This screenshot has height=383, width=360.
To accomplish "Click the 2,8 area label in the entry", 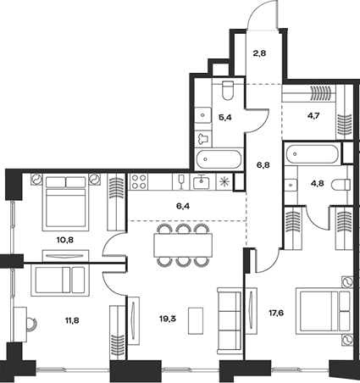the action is pos(259,53).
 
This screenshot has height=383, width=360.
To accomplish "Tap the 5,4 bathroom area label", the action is pos(225,118).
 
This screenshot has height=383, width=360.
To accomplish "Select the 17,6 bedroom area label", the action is pos(276,313).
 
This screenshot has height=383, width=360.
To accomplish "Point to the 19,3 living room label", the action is pos(168,319).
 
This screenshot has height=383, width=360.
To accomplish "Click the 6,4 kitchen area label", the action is pos(183,206).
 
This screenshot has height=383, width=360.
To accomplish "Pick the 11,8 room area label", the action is pos(72,320).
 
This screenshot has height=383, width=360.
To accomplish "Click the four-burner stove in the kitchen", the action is pos(139,182).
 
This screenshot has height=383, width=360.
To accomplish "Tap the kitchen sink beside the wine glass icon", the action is pos(201,182).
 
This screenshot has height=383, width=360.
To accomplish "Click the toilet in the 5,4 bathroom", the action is pos(228,90).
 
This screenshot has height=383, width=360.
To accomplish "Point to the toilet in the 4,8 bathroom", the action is pos(341,186).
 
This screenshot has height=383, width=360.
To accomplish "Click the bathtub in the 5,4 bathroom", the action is pos(219,159).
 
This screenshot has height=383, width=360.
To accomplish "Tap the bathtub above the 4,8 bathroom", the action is pos(312,154).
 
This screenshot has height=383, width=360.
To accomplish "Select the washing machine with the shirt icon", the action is pos(203,138).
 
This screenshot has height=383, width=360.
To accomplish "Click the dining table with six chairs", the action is pos(183,245).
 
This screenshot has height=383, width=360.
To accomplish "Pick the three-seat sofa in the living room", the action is pos(230,321).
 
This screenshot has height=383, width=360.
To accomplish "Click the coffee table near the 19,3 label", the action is pos(196,320).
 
